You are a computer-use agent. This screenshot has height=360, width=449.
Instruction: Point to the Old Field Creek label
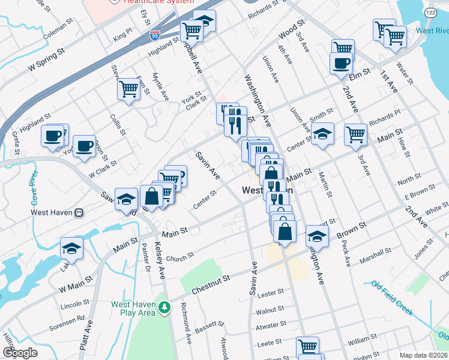tap(392, 297)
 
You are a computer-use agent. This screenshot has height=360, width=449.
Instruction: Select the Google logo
tap(20, 353)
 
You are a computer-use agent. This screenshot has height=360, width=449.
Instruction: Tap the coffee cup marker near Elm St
tap(341, 63)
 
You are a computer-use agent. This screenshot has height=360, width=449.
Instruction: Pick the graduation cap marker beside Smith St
tap(322, 134)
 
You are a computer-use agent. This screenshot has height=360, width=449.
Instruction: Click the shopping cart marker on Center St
tap(355, 134)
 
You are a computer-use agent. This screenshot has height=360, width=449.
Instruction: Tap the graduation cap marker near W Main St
tap(71, 248)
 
